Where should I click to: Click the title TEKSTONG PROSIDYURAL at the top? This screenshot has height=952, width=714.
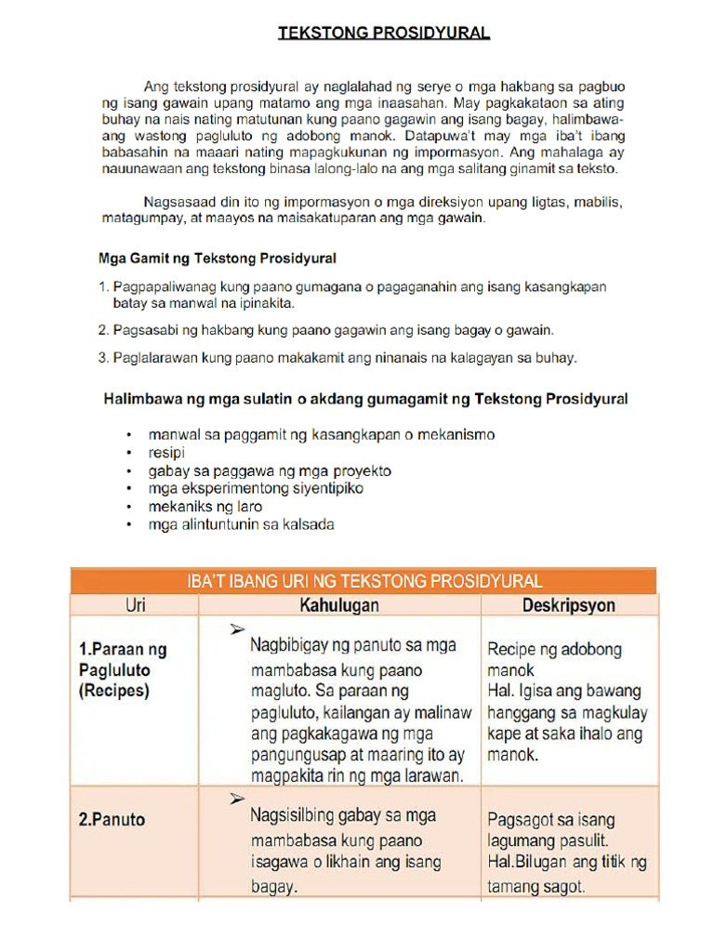(x=384, y=33)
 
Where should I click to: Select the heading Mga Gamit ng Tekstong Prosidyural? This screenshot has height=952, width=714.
(x=218, y=258)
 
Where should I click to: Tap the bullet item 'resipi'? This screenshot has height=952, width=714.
(x=166, y=453)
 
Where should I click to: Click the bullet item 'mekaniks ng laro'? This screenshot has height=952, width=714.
(x=205, y=507)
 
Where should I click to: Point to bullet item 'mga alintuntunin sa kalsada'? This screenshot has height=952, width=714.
(x=241, y=524)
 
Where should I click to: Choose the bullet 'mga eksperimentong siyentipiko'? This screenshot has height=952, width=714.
(x=256, y=488)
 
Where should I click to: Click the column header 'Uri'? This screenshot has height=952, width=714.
(x=135, y=605)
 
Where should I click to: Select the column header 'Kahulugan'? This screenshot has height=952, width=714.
(x=338, y=605)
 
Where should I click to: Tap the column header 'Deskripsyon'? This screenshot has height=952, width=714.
(x=568, y=605)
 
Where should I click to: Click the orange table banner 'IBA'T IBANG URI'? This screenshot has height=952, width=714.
(x=364, y=581)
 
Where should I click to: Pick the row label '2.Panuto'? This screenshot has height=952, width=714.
(x=112, y=820)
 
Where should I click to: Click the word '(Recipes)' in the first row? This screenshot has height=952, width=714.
(x=113, y=691)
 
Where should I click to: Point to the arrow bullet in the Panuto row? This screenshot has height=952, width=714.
(x=237, y=799)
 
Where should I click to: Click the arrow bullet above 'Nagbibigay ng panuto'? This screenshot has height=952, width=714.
(x=237, y=630)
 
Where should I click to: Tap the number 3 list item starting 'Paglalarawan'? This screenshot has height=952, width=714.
(x=337, y=357)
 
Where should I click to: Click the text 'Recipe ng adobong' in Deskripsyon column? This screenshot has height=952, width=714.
(x=554, y=649)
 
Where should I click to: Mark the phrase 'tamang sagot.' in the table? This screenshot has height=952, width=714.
(x=536, y=887)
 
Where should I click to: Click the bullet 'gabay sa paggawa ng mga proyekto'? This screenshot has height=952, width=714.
(x=270, y=470)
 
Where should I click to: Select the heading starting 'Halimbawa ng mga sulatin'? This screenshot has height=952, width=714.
(x=364, y=399)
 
